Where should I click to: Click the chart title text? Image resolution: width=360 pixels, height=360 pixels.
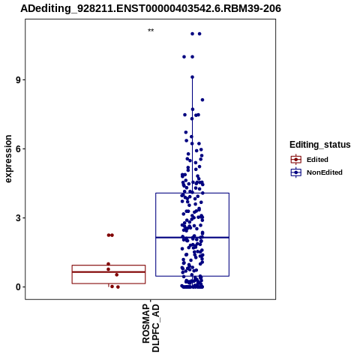click(151, 8)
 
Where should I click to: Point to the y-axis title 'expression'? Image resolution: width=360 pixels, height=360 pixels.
click(8, 159)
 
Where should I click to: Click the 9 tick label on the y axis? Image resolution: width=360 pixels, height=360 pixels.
click(18, 80)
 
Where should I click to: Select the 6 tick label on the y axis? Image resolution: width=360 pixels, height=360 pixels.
click(18, 149)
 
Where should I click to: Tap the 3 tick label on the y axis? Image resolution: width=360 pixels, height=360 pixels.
click(18, 218)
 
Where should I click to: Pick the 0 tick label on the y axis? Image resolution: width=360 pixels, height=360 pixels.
click(18, 287)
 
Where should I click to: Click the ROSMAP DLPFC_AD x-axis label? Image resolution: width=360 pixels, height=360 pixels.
click(151, 328)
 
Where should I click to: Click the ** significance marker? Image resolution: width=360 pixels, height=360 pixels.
click(151, 31)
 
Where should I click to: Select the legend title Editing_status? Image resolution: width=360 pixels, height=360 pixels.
click(320, 145)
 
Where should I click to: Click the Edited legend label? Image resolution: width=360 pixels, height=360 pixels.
click(317, 160)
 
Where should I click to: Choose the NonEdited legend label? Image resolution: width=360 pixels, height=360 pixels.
click(325, 172)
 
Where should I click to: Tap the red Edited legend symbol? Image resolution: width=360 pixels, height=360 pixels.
click(296, 160)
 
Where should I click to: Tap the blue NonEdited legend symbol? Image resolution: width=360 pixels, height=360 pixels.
click(296, 172)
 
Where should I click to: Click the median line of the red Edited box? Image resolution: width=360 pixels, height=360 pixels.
click(109, 271)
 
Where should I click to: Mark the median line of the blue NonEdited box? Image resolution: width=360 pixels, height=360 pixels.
click(192, 238)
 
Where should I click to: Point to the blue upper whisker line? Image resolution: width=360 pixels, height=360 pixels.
click(192, 135)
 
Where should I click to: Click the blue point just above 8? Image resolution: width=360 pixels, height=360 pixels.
click(202, 100)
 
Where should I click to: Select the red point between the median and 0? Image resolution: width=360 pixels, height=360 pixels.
click(117, 274)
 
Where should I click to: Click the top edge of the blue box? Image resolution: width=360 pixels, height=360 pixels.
click(192, 193)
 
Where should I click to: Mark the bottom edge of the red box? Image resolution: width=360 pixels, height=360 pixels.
click(109, 283)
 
